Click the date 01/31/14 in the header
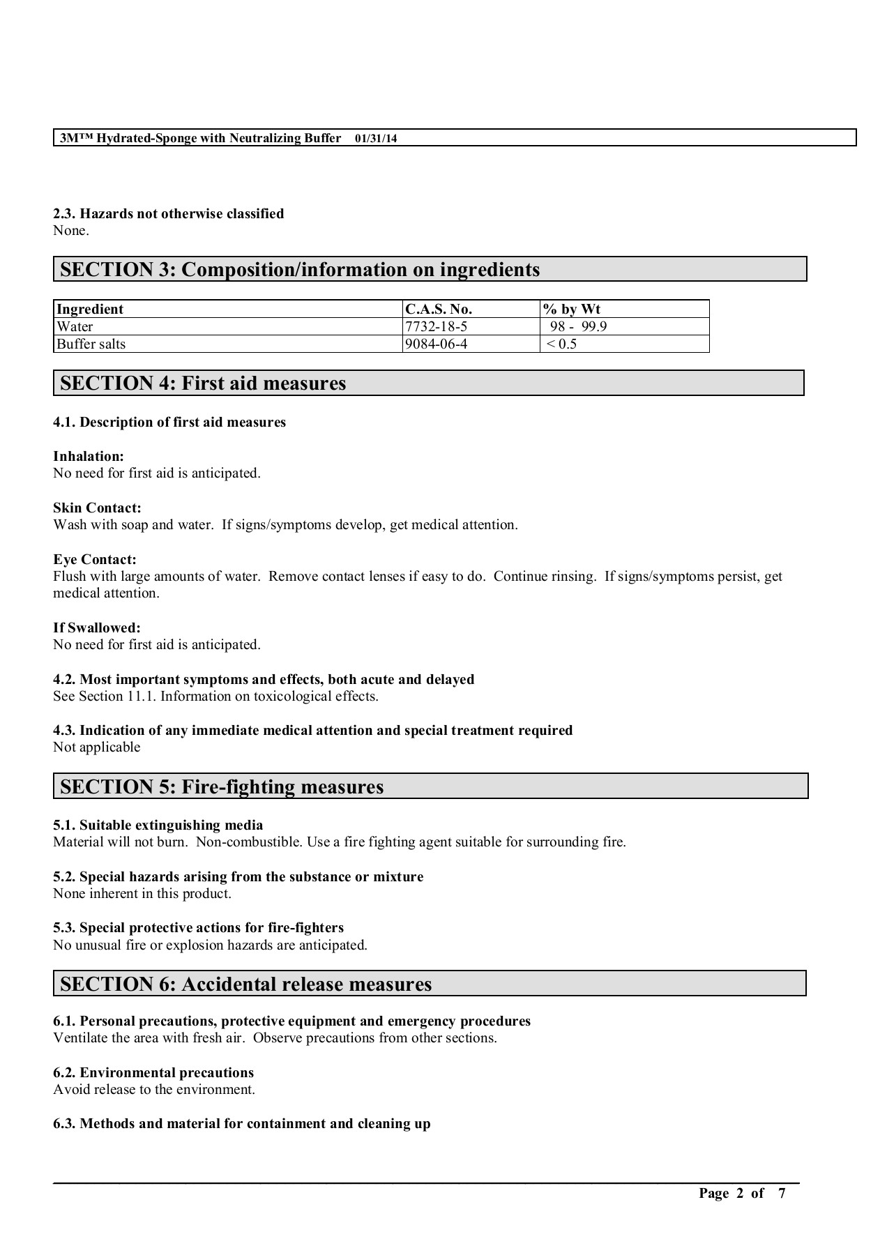(376, 138)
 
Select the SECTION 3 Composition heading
(300, 270)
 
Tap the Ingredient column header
(90, 309)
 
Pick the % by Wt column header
(572, 309)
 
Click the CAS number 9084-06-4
(436, 344)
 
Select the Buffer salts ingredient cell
(91, 344)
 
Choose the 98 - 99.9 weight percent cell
(578, 326)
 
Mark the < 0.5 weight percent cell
(562, 344)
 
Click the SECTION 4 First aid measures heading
(203, 383)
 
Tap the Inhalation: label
(89, 457)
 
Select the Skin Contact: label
(97, 508)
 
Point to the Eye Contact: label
(95, 560)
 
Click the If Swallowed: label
(97, 628)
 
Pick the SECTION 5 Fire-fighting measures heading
(222, 787)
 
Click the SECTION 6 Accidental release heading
(245, 984)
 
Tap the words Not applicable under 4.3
(97, 747)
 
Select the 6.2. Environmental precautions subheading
(153, 1073)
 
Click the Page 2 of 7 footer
(742, 1193)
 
